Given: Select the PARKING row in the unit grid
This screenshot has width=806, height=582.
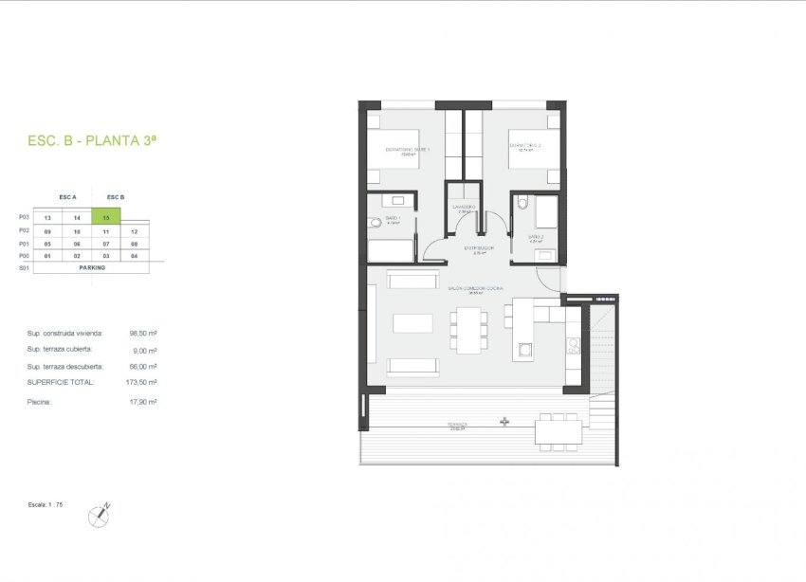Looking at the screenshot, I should point(92,267).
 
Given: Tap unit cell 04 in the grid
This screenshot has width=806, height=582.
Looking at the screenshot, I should point(135,256).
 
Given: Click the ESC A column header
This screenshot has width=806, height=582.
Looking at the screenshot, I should point(67,197).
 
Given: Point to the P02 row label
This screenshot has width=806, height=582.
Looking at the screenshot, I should point(25,230).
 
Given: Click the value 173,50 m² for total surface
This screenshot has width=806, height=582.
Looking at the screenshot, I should point(143,382).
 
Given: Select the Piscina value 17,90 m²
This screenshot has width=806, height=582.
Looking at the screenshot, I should point(144,402).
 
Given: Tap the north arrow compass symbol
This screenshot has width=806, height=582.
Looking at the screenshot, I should point(98,516).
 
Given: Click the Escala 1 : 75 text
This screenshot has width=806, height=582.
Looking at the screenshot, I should point(46,505).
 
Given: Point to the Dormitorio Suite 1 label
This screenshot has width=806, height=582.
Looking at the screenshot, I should point(408,150).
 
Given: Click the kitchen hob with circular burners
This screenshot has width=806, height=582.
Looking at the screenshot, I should point(573,347).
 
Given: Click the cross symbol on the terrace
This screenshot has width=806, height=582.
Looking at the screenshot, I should point(504,421).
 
